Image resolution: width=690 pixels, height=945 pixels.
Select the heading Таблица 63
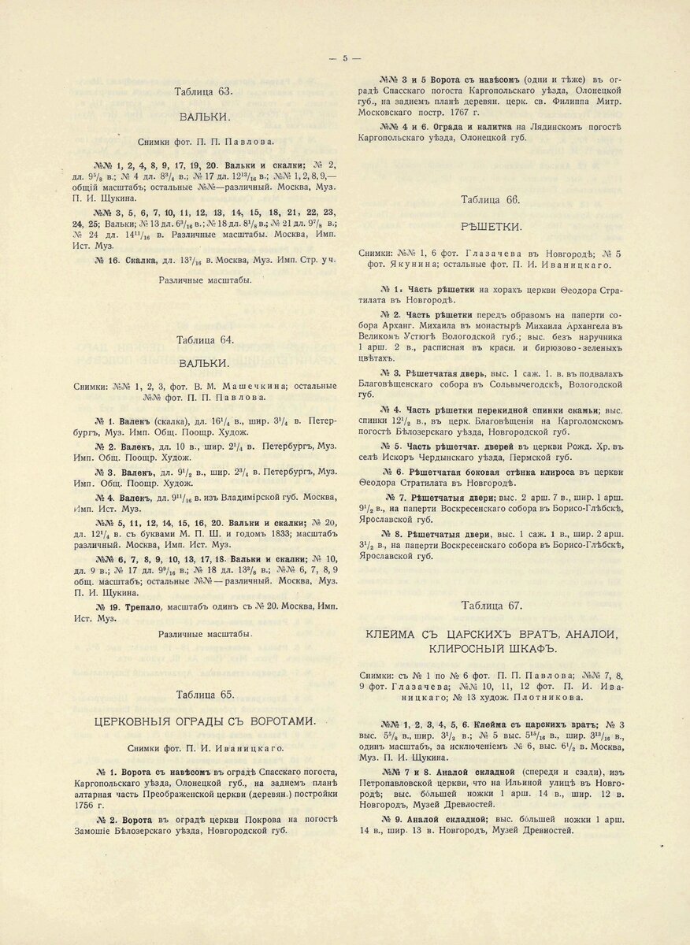(204, 92)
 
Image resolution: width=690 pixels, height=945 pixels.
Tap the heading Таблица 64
(204, 340)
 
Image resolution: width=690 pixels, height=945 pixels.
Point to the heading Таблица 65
(204, 695)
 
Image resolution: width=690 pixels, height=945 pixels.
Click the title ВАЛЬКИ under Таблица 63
(204, 117)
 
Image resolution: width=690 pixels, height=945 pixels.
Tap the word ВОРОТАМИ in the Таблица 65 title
(284, 721)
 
